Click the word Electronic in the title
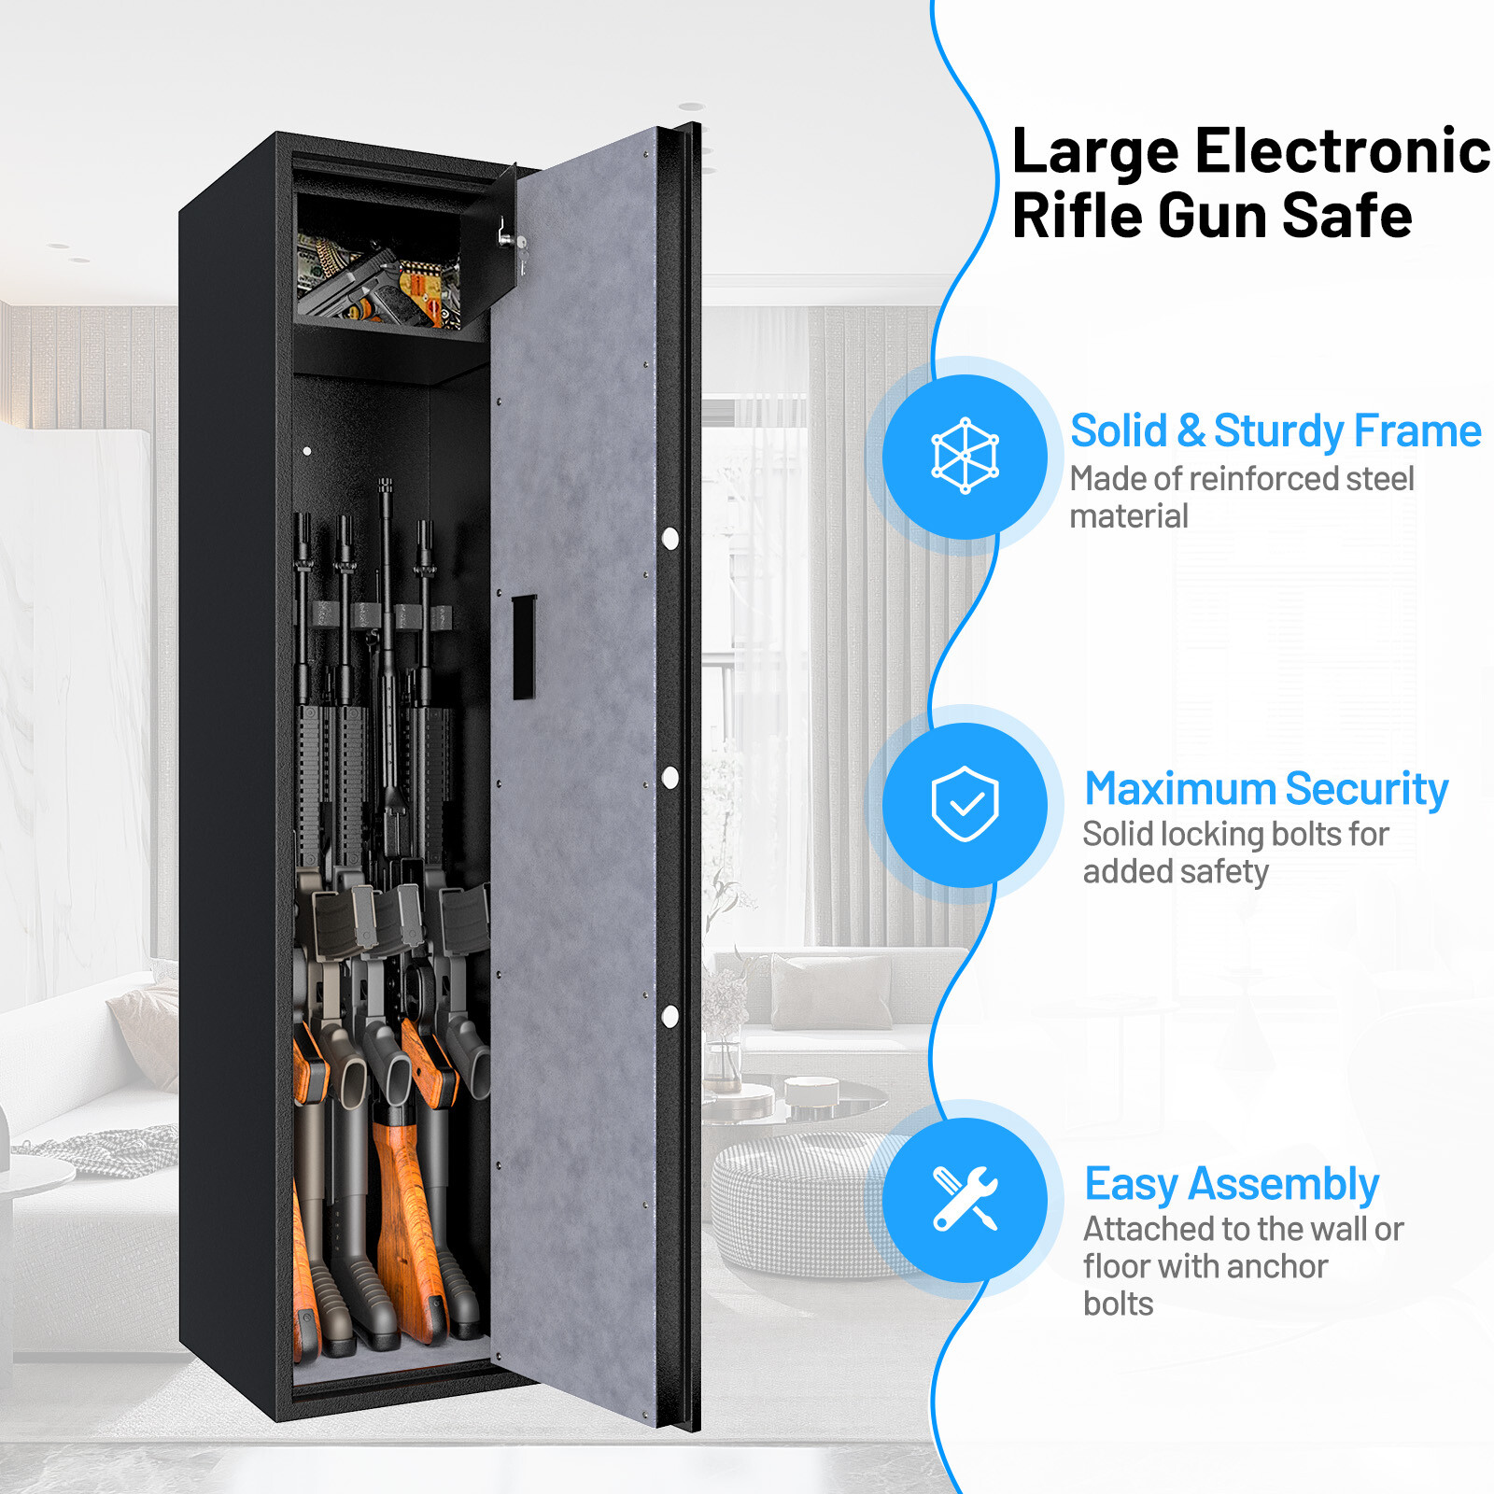1343,151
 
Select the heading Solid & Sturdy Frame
1275,431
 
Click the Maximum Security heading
1265,789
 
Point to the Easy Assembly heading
1231,1184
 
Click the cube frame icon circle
965,457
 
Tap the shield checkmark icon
965,804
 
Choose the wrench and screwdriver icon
965,1199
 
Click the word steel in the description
1379,479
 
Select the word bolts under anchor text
1118,1304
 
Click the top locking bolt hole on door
669,538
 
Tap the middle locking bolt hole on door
669,777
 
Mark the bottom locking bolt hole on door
669,1017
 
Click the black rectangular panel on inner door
524,646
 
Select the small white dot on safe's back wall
307,451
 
